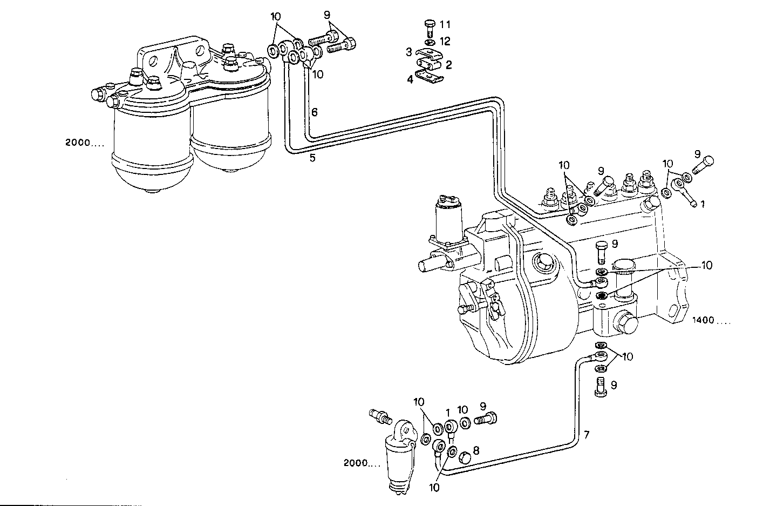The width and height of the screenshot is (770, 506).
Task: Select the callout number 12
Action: tap(445, 41)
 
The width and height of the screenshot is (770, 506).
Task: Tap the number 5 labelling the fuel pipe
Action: tap(312, 158)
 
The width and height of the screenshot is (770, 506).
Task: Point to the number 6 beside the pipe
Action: tap(314, 112)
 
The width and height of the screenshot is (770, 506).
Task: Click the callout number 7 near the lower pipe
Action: tap(587, 434)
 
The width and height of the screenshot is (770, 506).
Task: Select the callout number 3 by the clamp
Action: tap(410, 52)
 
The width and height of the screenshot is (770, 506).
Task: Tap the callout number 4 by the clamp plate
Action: tap(410, 79)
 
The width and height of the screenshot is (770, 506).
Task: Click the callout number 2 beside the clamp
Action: tap(448, 65)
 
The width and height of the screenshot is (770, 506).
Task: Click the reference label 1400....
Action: tap(711, 320)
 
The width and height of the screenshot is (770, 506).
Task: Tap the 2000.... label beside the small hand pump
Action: tap(362, 463)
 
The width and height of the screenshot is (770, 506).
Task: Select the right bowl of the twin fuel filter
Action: tap(230, 135)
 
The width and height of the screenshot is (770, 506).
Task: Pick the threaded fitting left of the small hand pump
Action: tap(379, 416)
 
